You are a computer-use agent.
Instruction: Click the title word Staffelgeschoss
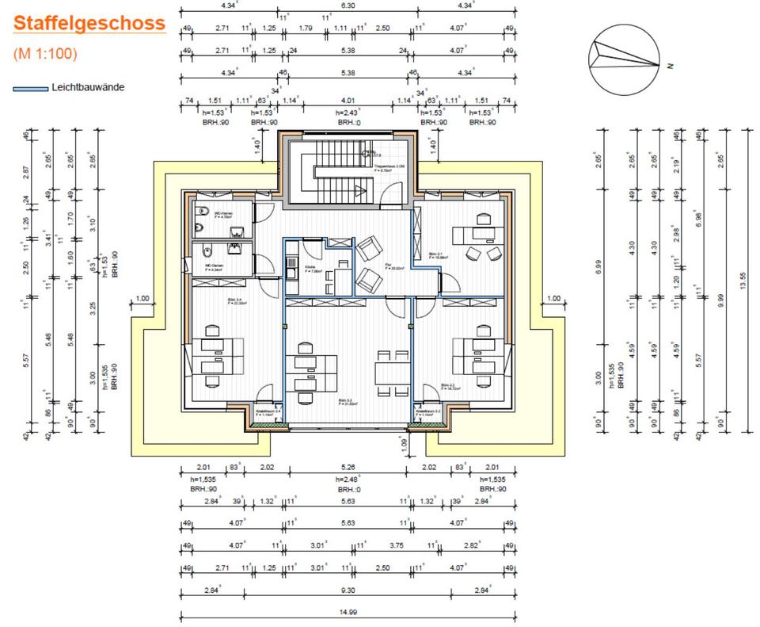(x=89, y=23)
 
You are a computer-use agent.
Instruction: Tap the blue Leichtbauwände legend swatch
(x=28, y=88)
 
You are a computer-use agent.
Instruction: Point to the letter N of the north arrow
(x=669, y=65)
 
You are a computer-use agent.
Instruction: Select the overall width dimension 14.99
(x=348, y=611)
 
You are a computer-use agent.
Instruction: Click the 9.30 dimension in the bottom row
(x=348, y=590)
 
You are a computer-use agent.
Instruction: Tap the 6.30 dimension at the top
(x=348, y=6)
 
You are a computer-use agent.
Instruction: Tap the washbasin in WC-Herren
(x=235, y=231)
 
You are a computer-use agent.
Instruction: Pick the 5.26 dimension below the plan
(x=347, y=468)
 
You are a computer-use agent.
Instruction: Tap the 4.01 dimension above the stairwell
(x=347, y=101)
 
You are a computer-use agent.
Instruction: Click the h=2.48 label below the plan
(x=348, y=480)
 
